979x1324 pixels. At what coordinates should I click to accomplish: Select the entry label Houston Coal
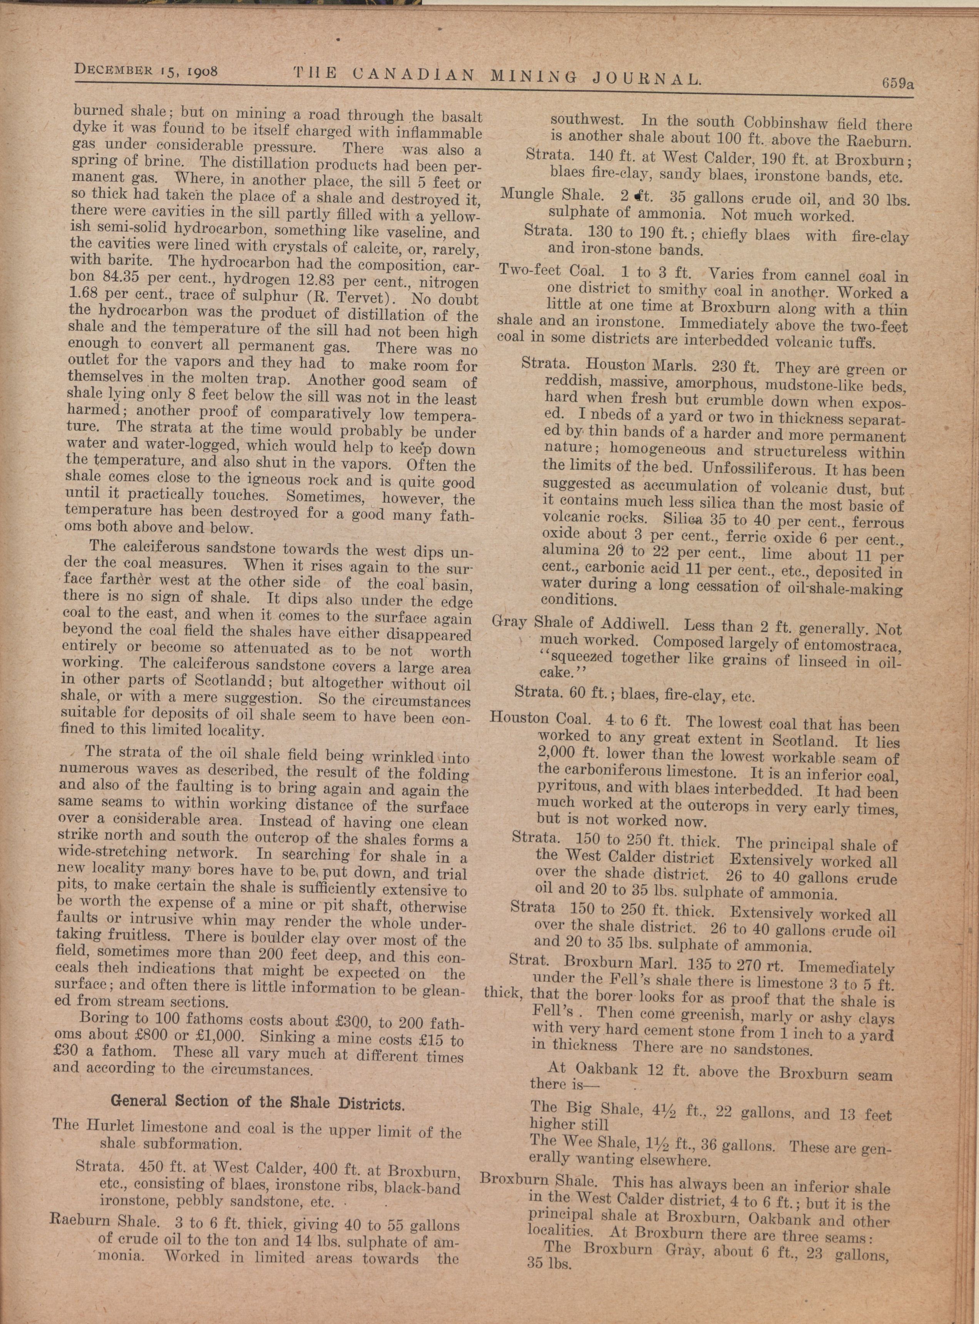(540, 719)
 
